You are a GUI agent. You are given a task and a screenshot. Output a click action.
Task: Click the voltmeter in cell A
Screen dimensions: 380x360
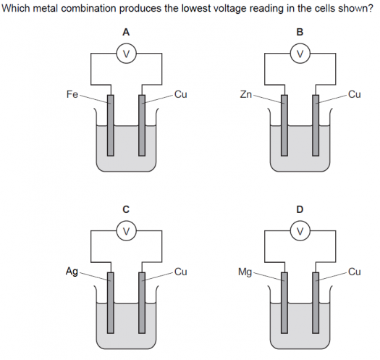[x=127, y=54]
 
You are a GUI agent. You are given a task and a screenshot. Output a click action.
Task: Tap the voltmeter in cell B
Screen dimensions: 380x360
[x=300, y=54]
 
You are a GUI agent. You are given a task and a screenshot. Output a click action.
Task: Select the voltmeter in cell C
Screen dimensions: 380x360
[x=127, y=230]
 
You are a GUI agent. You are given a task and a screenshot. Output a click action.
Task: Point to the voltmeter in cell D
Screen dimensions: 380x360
[x=300, y=230]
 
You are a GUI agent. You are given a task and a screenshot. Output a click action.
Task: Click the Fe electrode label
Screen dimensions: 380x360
[x=72, y=94]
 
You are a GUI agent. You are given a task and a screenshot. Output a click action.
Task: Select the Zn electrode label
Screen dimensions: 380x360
[x=246, y=94]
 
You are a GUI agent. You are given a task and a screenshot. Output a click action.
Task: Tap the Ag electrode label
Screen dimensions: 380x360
[x=72, y=272]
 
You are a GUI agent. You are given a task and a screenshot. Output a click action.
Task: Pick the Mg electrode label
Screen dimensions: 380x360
[x=245, y=272]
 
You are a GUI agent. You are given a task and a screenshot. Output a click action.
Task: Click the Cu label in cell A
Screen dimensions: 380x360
[x=181, y=94]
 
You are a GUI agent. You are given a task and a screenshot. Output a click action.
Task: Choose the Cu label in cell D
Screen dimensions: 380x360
[x=355, y=272]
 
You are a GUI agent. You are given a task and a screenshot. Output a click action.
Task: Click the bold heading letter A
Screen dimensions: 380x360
[x=126, y=32]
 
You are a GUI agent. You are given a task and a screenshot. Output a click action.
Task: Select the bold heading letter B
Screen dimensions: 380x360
[x=300, y=32]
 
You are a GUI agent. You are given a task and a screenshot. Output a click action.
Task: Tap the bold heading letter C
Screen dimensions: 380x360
[x=126, y=209]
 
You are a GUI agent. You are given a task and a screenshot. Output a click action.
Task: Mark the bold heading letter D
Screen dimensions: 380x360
[x=300, y=209]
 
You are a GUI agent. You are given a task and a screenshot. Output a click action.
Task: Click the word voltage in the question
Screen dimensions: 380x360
[x=228, y=9]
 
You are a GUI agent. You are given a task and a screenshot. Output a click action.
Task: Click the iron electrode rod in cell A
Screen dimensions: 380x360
[x=111, y=125]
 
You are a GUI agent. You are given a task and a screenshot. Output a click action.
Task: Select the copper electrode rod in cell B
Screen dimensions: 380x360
[x=316, y=125]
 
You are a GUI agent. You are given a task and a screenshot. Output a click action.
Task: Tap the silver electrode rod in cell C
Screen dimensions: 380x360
[x=111, y=303]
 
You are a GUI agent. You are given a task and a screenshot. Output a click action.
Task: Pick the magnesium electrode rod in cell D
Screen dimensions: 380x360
[x=284, y=303]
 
